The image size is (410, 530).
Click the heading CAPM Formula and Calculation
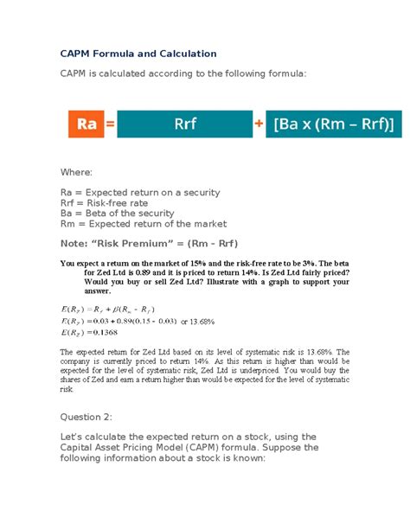(138, 54)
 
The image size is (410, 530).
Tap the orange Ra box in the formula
(86, 125)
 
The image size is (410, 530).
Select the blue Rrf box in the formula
(184, 125)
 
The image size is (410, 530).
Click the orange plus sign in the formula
(259, 125)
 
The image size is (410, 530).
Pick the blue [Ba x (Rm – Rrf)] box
(333, 125)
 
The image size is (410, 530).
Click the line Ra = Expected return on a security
(139, 193)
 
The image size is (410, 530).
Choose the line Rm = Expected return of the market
(143, 224)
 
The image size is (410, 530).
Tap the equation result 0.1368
(106, 332)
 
